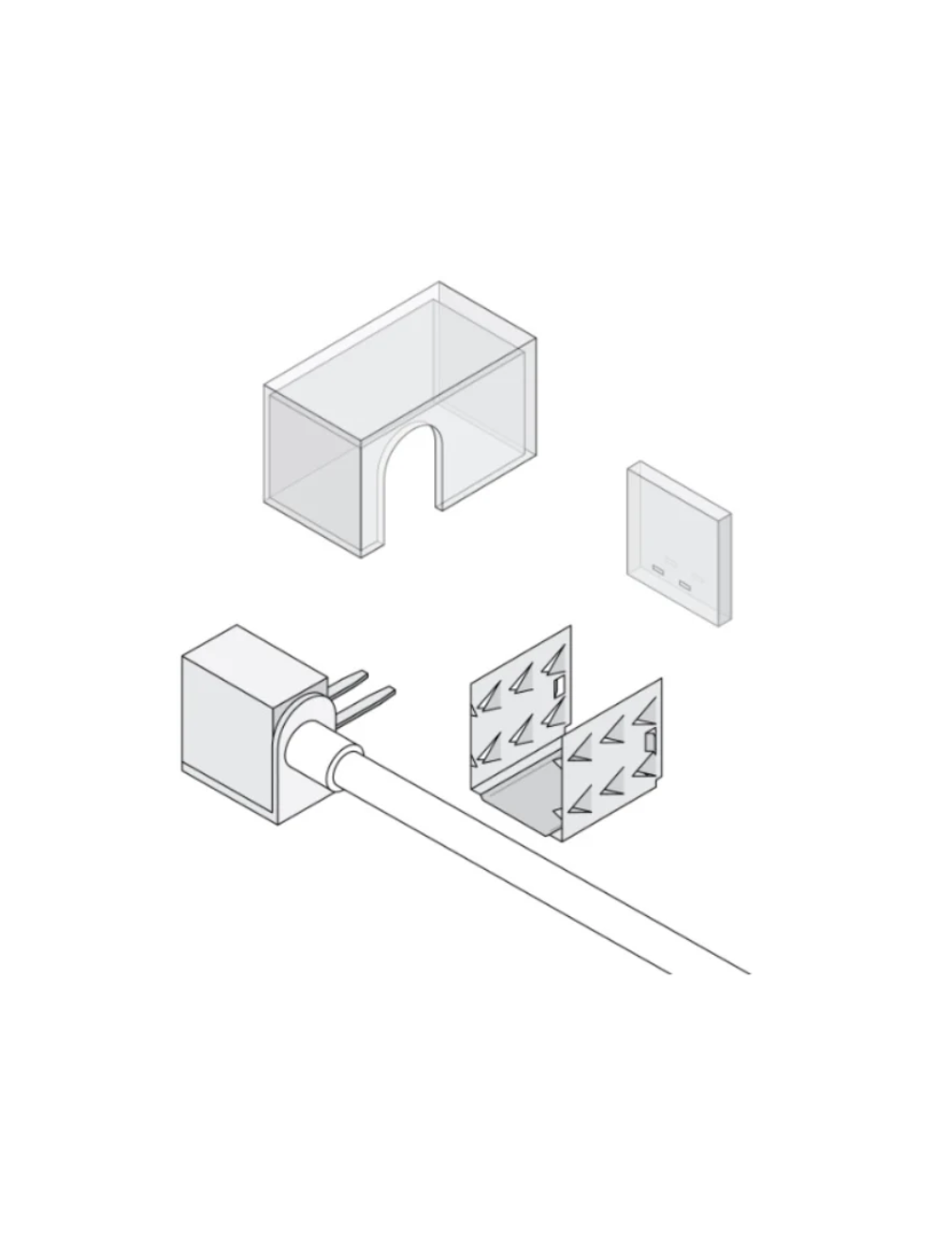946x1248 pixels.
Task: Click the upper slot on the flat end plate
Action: [658, 569]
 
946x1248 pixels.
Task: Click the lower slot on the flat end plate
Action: [684, 584]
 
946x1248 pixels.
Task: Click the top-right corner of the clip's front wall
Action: [661, 679]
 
